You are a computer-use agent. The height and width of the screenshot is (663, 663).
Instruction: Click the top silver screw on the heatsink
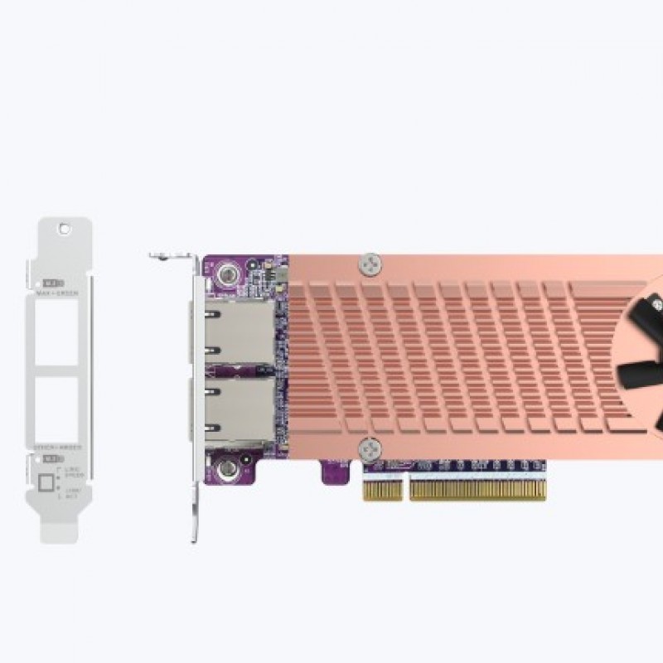coord(370,264)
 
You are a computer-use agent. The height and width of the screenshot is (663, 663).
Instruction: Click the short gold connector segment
coord(382,490)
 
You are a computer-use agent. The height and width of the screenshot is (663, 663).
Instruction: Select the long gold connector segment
coord(478,490)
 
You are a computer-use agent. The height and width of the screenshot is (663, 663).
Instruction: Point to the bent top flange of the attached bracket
coord(171,256)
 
